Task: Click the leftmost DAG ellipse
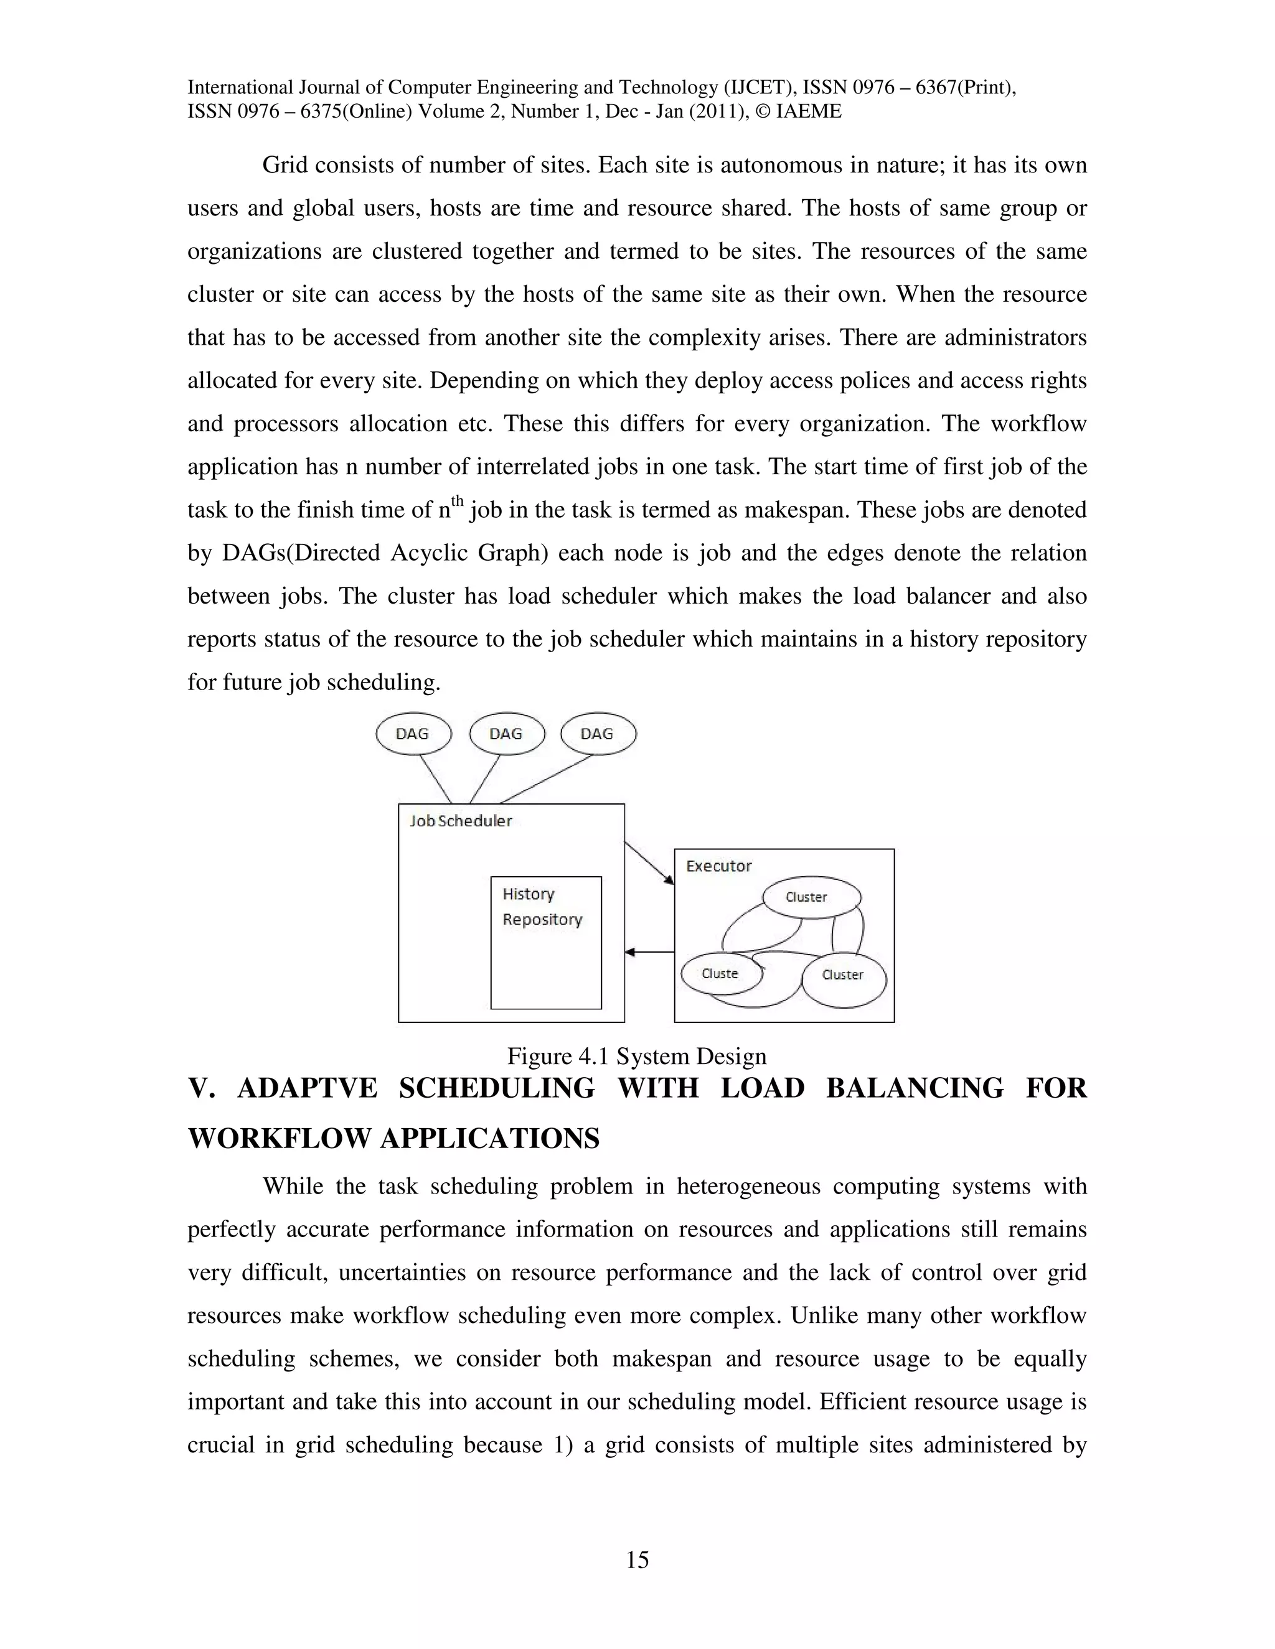pyautogui.click(x=413, y=734)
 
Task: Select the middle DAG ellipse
pyautogui.click(x=507, y=734)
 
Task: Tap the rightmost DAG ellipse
pyautogui.click(x=598, y=734)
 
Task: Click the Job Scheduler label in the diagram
pyautogui.click(x=461, y=821)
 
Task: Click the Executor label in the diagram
pyautogui.click(x=718, y=866)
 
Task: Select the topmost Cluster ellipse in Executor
pyautogui.click(x=811, y=897)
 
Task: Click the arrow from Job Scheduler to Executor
pyautogui.click(x=649, y=862)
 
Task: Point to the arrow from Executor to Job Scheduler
pyautogui.click(x=649, y=953)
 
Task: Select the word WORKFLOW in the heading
pyautogui.click(x=280, y=1138)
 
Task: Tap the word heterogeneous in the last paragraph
pyautogui.click(x=748, y=1186)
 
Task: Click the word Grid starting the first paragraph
pyautogui.click(x=285, y=165)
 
